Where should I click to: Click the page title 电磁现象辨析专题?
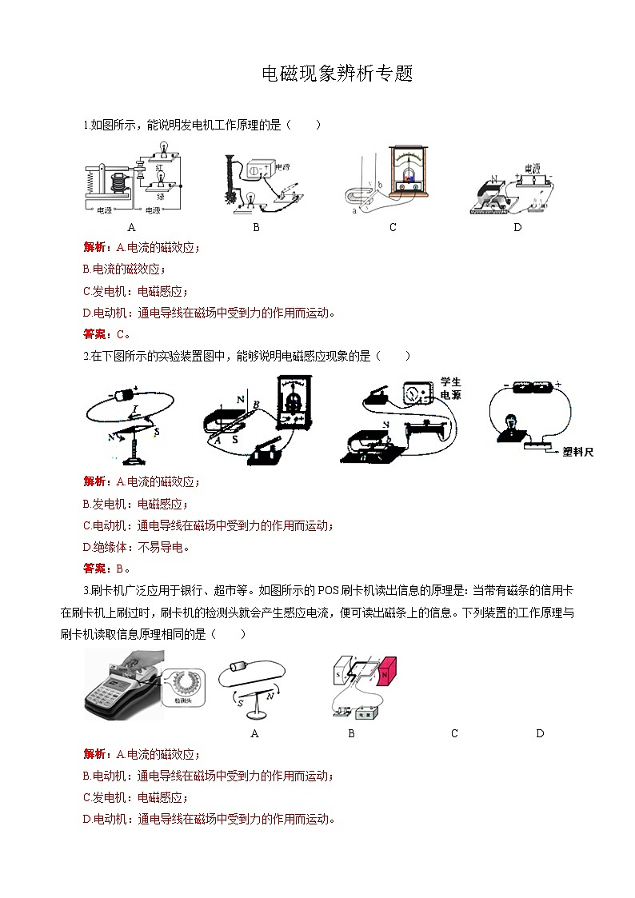(337, 74)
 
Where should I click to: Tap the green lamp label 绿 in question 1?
(160, 196)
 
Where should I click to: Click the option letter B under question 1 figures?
(256, 227)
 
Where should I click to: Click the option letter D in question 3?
(540, 733)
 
